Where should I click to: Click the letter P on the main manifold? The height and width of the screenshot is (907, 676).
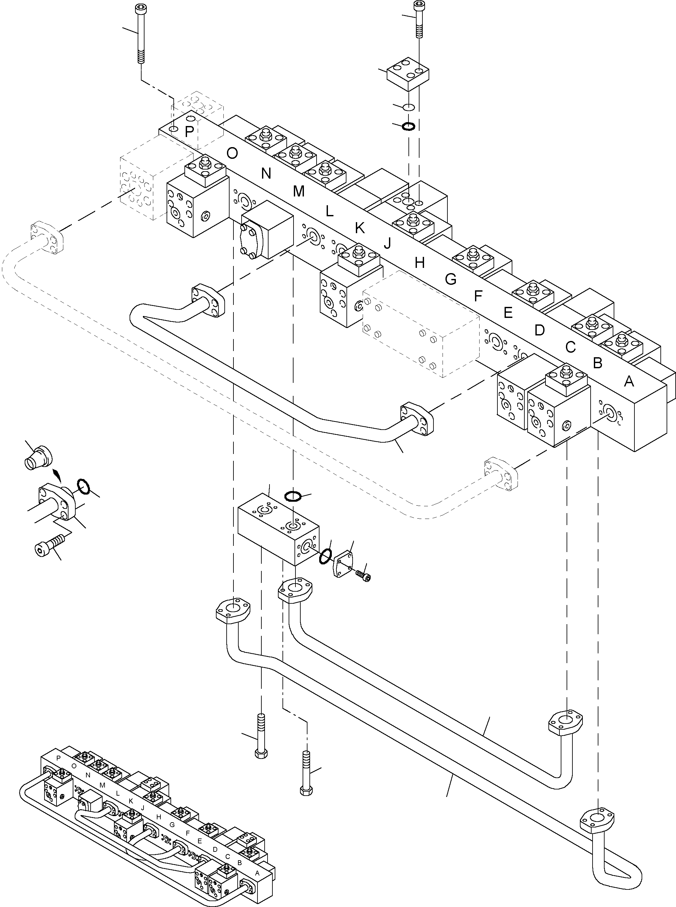189,132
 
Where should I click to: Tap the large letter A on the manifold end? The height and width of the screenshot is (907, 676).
629,382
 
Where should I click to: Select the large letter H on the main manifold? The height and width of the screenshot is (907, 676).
419,263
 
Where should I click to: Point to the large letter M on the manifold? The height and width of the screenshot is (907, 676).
299,191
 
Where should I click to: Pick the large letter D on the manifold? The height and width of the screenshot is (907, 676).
539,330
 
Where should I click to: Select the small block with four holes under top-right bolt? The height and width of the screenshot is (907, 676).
408,74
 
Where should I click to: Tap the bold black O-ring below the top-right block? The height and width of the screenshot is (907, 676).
409,126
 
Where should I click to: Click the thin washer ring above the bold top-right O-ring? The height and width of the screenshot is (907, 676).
409,107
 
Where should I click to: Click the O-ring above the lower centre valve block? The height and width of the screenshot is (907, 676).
293,496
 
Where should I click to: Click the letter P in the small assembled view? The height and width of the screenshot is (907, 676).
58,758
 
